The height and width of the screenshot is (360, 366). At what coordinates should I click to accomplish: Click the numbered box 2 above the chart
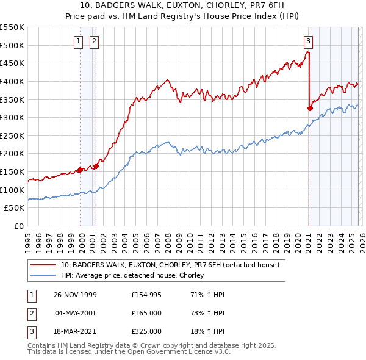[95, 41]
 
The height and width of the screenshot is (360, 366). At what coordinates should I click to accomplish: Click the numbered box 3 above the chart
[308, 41]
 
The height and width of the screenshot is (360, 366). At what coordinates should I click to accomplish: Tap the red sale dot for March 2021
[310, 109]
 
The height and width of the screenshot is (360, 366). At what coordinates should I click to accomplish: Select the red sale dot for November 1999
[80, 170]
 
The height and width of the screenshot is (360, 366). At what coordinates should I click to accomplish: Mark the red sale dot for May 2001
[96, 166]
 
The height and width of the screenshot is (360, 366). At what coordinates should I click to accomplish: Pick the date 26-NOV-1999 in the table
[75, 295]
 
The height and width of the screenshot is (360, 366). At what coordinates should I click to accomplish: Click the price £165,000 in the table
[146, 313]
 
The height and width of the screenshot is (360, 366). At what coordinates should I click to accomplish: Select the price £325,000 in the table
[146, 331]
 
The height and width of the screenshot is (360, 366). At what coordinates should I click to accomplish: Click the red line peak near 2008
[167, 79]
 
